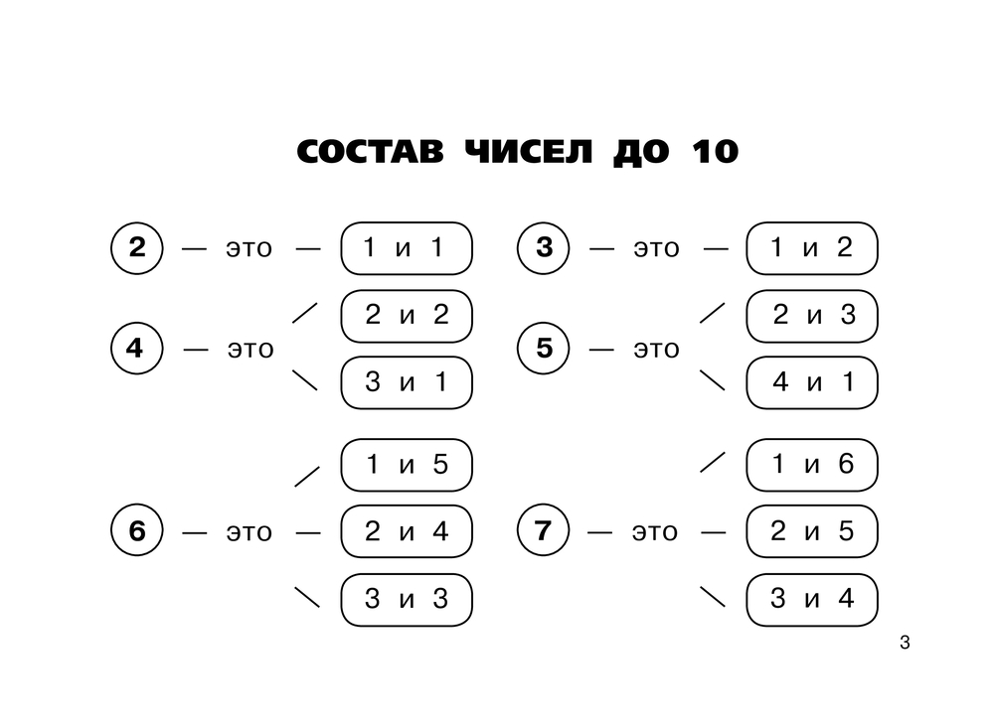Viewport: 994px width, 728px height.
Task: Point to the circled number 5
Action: click(x=544, y=349)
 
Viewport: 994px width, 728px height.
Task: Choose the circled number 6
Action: click(x=137, y=532)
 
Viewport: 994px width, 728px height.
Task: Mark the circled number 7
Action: click(x=544, y=532)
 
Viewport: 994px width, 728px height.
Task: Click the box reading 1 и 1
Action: click(x=406, y=248)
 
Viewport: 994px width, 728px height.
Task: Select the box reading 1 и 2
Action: click(x=812, y=248)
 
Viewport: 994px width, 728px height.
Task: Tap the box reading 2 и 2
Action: click(x=406, y=316)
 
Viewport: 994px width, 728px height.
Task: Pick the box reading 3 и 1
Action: click(x=406, y=381)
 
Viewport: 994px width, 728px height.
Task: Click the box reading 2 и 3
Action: click(x=812, y=316)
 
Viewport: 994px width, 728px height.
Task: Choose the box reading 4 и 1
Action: click(x=812, y=381)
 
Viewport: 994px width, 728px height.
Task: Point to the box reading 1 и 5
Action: click(x=406, y=464)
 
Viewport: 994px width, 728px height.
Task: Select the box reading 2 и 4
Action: click(x=406, y=532)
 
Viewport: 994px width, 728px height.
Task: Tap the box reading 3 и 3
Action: click(x=406, y=599)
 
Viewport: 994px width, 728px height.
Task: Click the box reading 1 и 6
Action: click(x=812, y=464)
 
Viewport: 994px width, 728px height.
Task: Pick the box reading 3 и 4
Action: click(x=812, y=599)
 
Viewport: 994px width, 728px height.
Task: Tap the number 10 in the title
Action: click(x=710, y=152)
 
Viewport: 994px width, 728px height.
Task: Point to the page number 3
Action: click(x=904, y=643)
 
